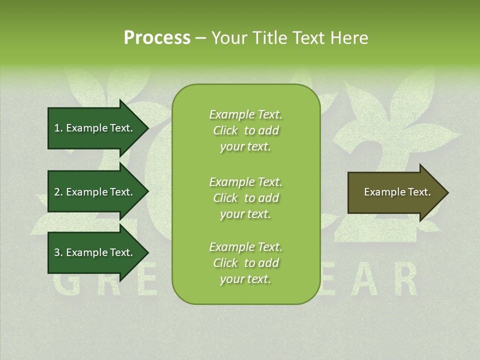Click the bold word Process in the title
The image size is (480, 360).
(x=157, y=38)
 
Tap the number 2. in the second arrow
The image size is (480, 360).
(x=58, y=192)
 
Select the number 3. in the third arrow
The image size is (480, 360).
(x=58, y=252)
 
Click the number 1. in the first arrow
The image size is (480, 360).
(x=58, y=128)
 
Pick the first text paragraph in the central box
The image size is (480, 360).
(x=245, y=130)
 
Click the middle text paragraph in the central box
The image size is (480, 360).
(x=245, y=198)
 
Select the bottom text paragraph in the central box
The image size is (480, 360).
(x=245, y=263)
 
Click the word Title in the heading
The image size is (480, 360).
(x=269, y=38)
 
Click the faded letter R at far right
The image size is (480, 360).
(x=407, y=281)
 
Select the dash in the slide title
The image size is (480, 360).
(x=200, y=38)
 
